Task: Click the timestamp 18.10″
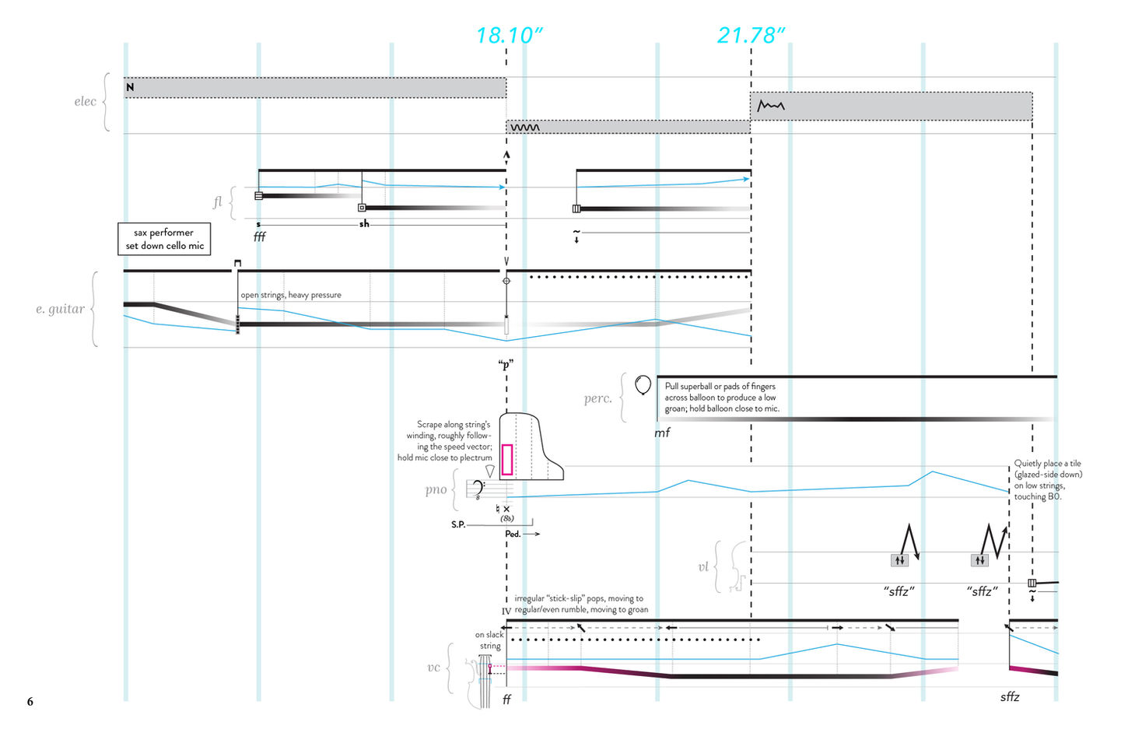click(509, 35)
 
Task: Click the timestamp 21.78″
click(751, 35)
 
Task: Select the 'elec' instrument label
click(86, 101)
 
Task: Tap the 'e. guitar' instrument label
click(60, 309)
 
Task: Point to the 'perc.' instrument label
click(597, 398)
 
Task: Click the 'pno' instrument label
click(436, 489)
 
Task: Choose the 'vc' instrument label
click(433, 668)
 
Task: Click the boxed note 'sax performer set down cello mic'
click(164, 239)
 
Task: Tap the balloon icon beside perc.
click(643, 384)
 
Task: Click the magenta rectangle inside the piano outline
click(506, 459)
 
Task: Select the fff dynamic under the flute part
click(259, 237)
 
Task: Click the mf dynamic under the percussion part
click(662, 433)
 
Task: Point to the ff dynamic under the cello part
click(506, 699)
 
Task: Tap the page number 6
click(30, 702)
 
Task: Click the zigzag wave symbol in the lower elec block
click(525, 128)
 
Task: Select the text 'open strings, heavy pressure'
click(291, 295)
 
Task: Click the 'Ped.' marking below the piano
click(513, 534)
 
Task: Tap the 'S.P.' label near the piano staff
click(458, 524)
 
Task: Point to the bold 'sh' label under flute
click(364, 224)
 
